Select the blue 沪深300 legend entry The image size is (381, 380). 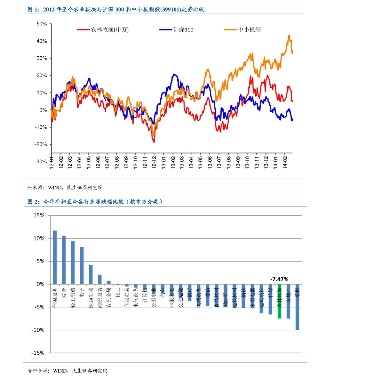[176, 30]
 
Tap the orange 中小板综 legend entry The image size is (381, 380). [242, 30]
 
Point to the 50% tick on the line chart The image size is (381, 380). [42, 24]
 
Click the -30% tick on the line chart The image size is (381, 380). [41, 162]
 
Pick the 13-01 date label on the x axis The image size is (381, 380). [163, 162]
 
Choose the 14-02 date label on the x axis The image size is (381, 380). [285, 162]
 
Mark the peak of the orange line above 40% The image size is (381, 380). [289, 36]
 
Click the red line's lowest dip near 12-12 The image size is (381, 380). [154, 142]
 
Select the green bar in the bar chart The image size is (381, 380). [279, 301]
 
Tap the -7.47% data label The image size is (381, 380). [279, 279]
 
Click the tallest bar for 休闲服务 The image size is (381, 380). [55, 257]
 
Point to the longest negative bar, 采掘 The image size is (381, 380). [297, 307]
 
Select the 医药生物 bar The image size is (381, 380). [91, 275]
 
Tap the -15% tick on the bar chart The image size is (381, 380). [38, 353]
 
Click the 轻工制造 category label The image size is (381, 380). [73, 298]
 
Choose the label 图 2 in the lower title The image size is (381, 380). [33, 202]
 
